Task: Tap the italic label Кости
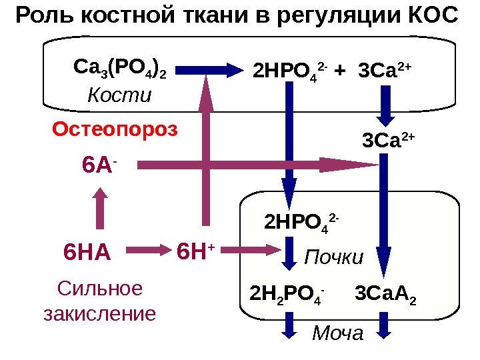[x=119, y=95]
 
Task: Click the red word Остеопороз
[x=115, y=129]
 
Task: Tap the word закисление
[x=99, y=313]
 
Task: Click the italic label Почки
[x=333, y=257]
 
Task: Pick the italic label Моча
[x=338, y=331]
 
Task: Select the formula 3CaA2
[x=386, y=293]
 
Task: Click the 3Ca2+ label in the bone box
[x=386, y=69]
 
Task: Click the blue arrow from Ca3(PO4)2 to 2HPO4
[x=213, y=68]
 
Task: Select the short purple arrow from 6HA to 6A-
[x=99, y=209]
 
